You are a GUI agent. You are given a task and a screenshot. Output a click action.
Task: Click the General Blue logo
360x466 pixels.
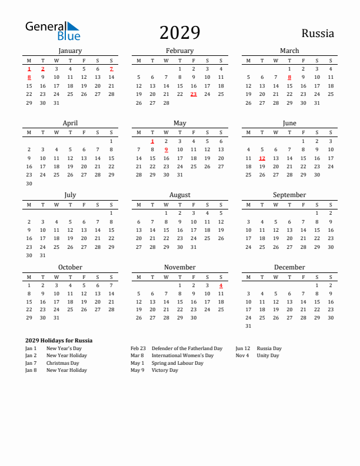[x=52, y=31]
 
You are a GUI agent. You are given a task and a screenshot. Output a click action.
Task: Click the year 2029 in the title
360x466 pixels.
[x=179, y=33]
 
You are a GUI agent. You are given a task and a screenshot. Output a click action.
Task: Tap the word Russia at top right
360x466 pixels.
[x=318, y=34]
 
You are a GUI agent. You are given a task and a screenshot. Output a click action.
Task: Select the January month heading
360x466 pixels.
[x=70, y=51]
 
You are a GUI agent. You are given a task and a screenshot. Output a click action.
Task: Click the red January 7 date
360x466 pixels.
[x=111, y=69]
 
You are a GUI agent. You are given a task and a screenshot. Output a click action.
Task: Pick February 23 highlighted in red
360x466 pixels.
[x=194, y=94]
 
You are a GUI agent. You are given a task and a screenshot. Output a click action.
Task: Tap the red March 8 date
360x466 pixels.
[x=289, y=77]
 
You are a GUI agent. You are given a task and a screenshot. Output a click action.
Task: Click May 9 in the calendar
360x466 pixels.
[x=166, y=149]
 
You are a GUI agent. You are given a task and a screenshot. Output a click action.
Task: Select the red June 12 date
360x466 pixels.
[x=262, y=158]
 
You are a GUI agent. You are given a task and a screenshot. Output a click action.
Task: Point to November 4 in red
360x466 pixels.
[x=221, y=285]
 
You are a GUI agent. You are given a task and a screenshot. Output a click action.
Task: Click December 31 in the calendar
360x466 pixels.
[x=248, y=326]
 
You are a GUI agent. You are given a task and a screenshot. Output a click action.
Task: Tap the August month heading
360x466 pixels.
[x=179, y=195]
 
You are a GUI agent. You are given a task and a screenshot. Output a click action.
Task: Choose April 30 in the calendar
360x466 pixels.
[x=29, y=184]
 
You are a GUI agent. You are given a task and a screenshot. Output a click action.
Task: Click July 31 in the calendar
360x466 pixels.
[x=42, y=255]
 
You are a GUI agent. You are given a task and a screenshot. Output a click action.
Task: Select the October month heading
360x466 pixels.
[x=70, y=267]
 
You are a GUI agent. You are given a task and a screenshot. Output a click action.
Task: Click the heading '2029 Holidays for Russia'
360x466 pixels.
[x=59, y=341]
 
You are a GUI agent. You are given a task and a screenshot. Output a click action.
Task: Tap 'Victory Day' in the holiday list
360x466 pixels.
[x=165, y=371]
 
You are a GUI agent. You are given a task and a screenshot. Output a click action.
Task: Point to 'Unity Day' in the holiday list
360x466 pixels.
[x=268, y=355]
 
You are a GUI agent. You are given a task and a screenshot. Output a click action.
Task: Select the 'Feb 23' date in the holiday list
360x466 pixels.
[x=138, y=348]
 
